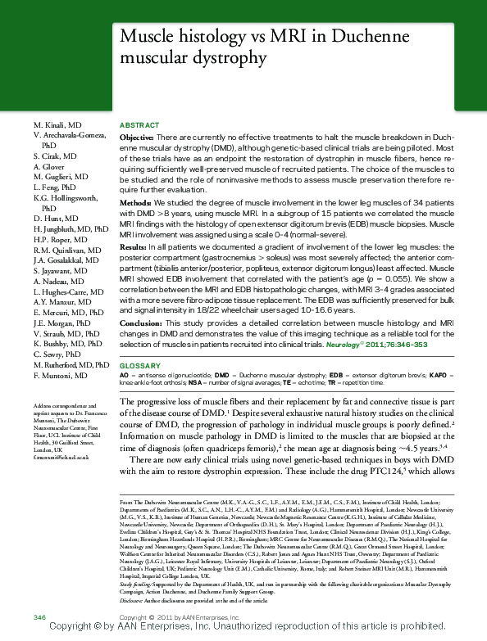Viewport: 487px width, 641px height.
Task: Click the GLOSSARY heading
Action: (139, 364)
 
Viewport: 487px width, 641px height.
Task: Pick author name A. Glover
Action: (48, 165)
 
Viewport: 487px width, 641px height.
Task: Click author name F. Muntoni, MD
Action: (61, 375)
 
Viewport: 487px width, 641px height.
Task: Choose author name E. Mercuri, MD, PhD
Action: (70, 312)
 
